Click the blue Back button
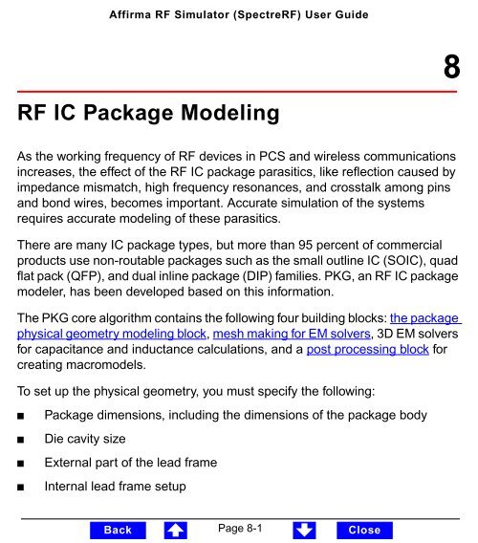118,530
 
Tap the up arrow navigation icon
176,529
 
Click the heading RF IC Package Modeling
147,115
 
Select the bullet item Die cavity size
87,444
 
